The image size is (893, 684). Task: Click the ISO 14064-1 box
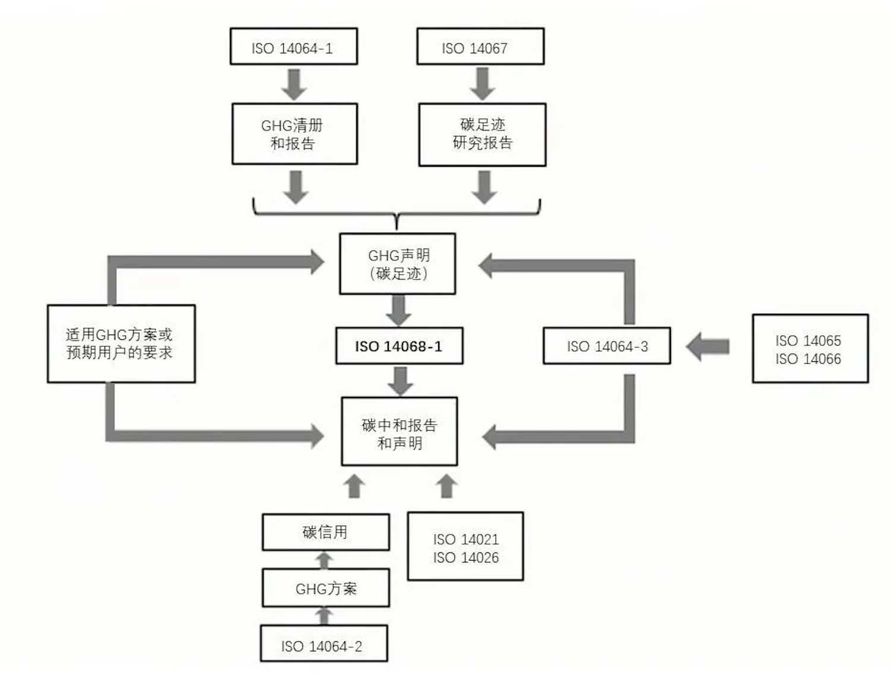coord(293,46)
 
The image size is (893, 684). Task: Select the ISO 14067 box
coord(480,46)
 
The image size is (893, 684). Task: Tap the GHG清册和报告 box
coord(294,134)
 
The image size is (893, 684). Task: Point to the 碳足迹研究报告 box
coord(482,134)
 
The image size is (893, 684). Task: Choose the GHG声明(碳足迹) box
coord(397,264)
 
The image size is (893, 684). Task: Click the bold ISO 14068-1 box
coord(399,346)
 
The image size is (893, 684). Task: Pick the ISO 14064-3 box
coord(606,346)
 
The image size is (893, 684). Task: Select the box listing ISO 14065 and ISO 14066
coord(810,349)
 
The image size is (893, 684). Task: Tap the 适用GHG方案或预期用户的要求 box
coord(121,343)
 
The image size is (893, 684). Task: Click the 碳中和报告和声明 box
coord(399,432)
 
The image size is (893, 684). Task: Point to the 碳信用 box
coord(325,532)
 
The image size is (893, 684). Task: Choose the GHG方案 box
coord(325,588)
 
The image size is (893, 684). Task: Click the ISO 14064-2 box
coord(324,644)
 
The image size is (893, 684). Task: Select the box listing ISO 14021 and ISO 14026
coord(465,546)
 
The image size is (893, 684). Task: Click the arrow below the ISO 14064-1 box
coord(294,84)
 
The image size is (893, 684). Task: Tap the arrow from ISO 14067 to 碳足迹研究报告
coord(482,84)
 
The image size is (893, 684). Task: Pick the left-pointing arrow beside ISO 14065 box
coord(708,346)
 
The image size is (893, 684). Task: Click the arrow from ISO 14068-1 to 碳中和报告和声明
coord(401,381)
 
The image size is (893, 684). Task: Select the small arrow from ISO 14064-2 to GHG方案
coord(324,616)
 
